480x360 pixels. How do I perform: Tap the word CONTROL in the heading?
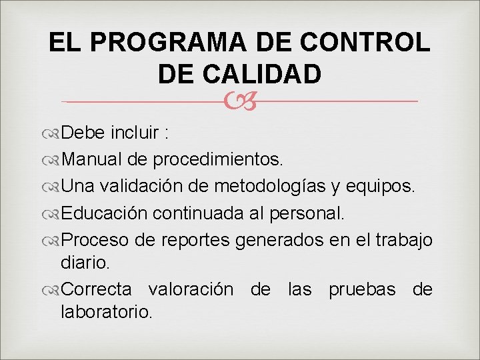[x=365, y=43]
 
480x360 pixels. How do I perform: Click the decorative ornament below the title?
[x=239, y=101]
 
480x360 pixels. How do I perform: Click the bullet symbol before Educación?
[x=52, y=213]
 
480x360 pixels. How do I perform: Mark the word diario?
[x=84, y=263]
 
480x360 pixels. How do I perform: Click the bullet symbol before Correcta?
[x=52, y=290]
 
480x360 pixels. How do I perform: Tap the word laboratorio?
[x=107, y=311]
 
